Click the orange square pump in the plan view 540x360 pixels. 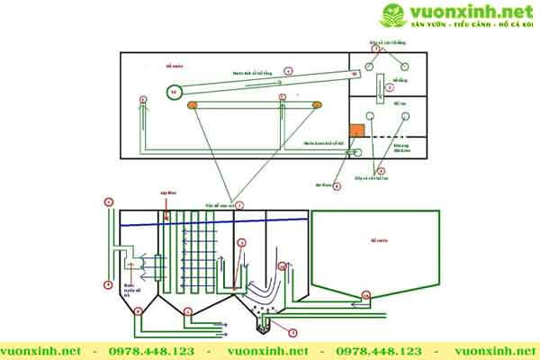point(357,130)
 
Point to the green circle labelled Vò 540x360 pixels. point(175,91)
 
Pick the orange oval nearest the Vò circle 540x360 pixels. point(193,106)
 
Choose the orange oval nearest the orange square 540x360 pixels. point(316,106)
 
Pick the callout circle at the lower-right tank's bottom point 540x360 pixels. point(364,294)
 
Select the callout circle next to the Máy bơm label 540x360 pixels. point(336,185)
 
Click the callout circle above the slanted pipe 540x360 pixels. point(289,69)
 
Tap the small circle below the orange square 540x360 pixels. point(357,151)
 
